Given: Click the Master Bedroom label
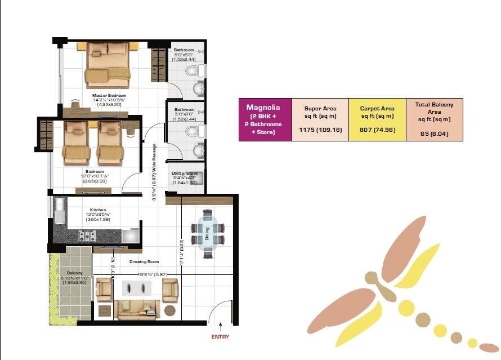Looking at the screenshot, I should [109, 96].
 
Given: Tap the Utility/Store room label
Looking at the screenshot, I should [185, 174].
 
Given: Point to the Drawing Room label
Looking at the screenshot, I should [144, 261].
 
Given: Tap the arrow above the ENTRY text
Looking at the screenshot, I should [221, 326].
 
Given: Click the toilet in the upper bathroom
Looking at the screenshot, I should [192, 71].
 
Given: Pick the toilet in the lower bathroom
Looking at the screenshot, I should [192, 131].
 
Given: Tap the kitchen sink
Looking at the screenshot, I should [60, 210].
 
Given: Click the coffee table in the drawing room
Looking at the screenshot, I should [137, 288].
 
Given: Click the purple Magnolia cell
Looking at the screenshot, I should [265, 119].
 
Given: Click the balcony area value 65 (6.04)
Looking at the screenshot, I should [434, 134].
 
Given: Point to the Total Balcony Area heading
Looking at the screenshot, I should [434, 112].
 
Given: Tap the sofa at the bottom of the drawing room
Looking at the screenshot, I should [138, 308].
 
